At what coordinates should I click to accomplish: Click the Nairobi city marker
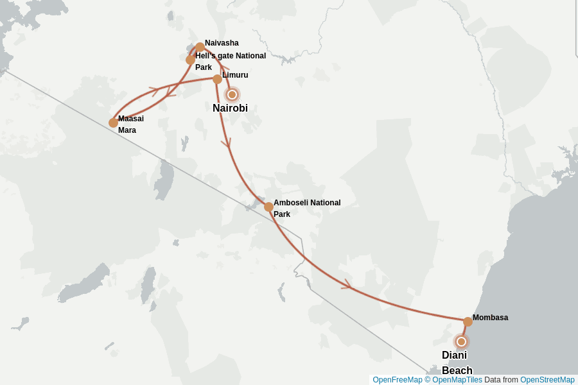pos(232,94)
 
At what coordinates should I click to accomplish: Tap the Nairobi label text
pos(230,108)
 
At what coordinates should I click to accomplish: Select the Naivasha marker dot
pos(200,47)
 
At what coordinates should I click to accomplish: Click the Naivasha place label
pos(222,43)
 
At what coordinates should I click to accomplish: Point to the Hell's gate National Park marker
pos(191,60)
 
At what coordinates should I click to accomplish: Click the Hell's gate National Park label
pos(230,61)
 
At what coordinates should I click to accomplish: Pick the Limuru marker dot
pos(217,79)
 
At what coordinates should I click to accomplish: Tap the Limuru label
pos(235,75)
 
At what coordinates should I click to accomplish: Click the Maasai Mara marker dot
pos(113,123)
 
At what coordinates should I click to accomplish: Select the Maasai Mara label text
pos(130,124)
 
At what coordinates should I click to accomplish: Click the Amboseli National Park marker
pos(268,207)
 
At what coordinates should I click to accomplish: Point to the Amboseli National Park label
pos(306,208)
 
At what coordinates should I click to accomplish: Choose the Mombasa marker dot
pos(468,321)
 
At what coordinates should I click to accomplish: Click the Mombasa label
pos(490,318)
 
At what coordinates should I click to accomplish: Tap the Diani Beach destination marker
pos(460,341)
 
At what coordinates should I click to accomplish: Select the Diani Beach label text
pos(456,363)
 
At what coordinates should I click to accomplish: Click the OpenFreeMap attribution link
pos(397,380)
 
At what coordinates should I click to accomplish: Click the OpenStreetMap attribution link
pos(547,380)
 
